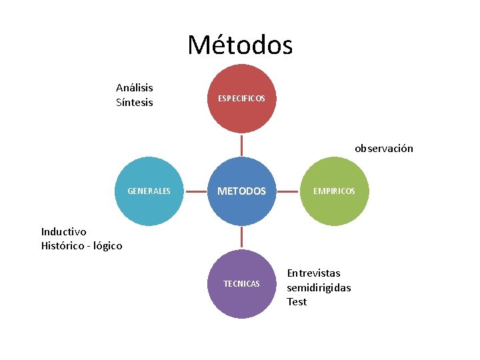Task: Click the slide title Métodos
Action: pos(240,45)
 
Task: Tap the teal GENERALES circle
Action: pos(149,191)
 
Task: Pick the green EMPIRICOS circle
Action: pos(335,191)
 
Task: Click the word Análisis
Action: pos(135,88)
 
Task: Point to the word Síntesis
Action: pos(135,103)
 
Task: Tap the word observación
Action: pos(384,149)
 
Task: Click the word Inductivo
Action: pos(63,232)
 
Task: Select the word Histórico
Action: pos(63,246)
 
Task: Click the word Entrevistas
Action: pos(313,273)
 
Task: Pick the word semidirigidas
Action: pos(319,287)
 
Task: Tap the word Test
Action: pos(297,302)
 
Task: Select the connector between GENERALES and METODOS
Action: pos(195,191)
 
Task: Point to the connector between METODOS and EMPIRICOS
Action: pos(288,191)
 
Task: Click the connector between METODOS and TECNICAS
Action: pos(241,237)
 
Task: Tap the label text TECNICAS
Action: pos(241,284)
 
